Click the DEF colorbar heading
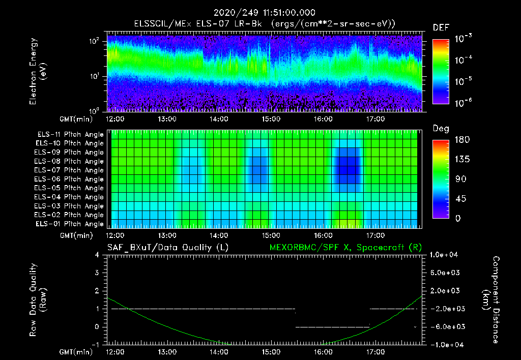click(441, 27)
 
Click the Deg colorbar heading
click(440, 129)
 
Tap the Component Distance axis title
click(493, 300)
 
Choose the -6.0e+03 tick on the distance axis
click(446, 326)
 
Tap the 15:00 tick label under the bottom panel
click(271, 351)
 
